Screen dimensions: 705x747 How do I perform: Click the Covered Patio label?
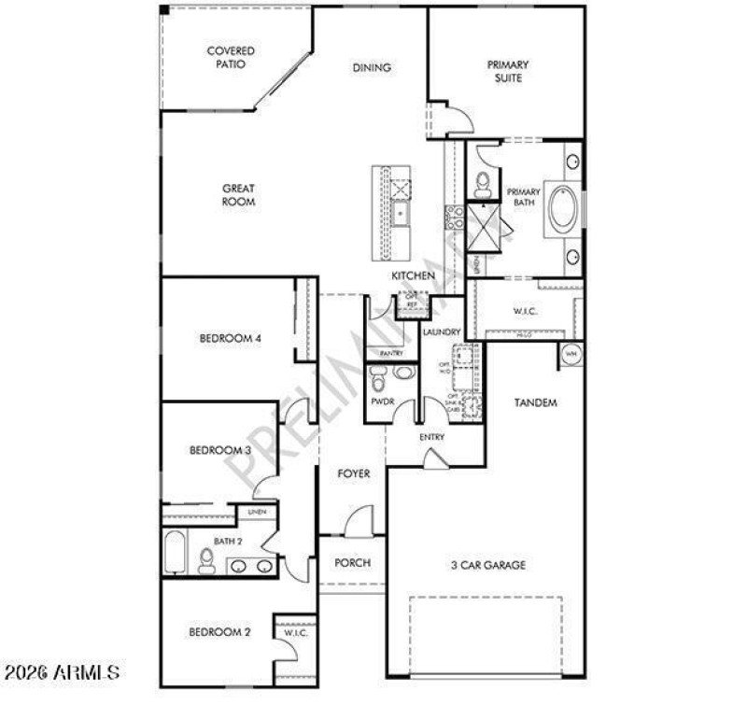[x=230, y=58]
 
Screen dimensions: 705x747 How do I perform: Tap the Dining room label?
[x=371, y=68]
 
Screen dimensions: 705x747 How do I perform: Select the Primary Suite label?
[x=507, y=72]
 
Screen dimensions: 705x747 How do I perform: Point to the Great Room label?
[x=238, y=195]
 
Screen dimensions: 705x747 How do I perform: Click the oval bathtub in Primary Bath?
[x=564, y=210]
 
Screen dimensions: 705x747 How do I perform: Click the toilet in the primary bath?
[x=483, y=186]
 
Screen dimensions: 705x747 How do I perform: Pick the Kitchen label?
[x=413, y=276]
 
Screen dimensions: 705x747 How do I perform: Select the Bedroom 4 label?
[x=230, y=339]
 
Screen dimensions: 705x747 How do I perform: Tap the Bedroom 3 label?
[x=220, y=451]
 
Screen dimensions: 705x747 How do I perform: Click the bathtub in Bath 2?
[x=175, y=554]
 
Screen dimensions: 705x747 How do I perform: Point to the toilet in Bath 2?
[x=207, y=560]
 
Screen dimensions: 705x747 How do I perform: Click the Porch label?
[x=352, y=563]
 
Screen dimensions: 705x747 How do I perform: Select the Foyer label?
[x=353, y=474]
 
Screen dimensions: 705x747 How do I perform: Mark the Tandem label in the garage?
[x=536, y=403]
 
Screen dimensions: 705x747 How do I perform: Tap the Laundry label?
[x=441, y=332]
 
